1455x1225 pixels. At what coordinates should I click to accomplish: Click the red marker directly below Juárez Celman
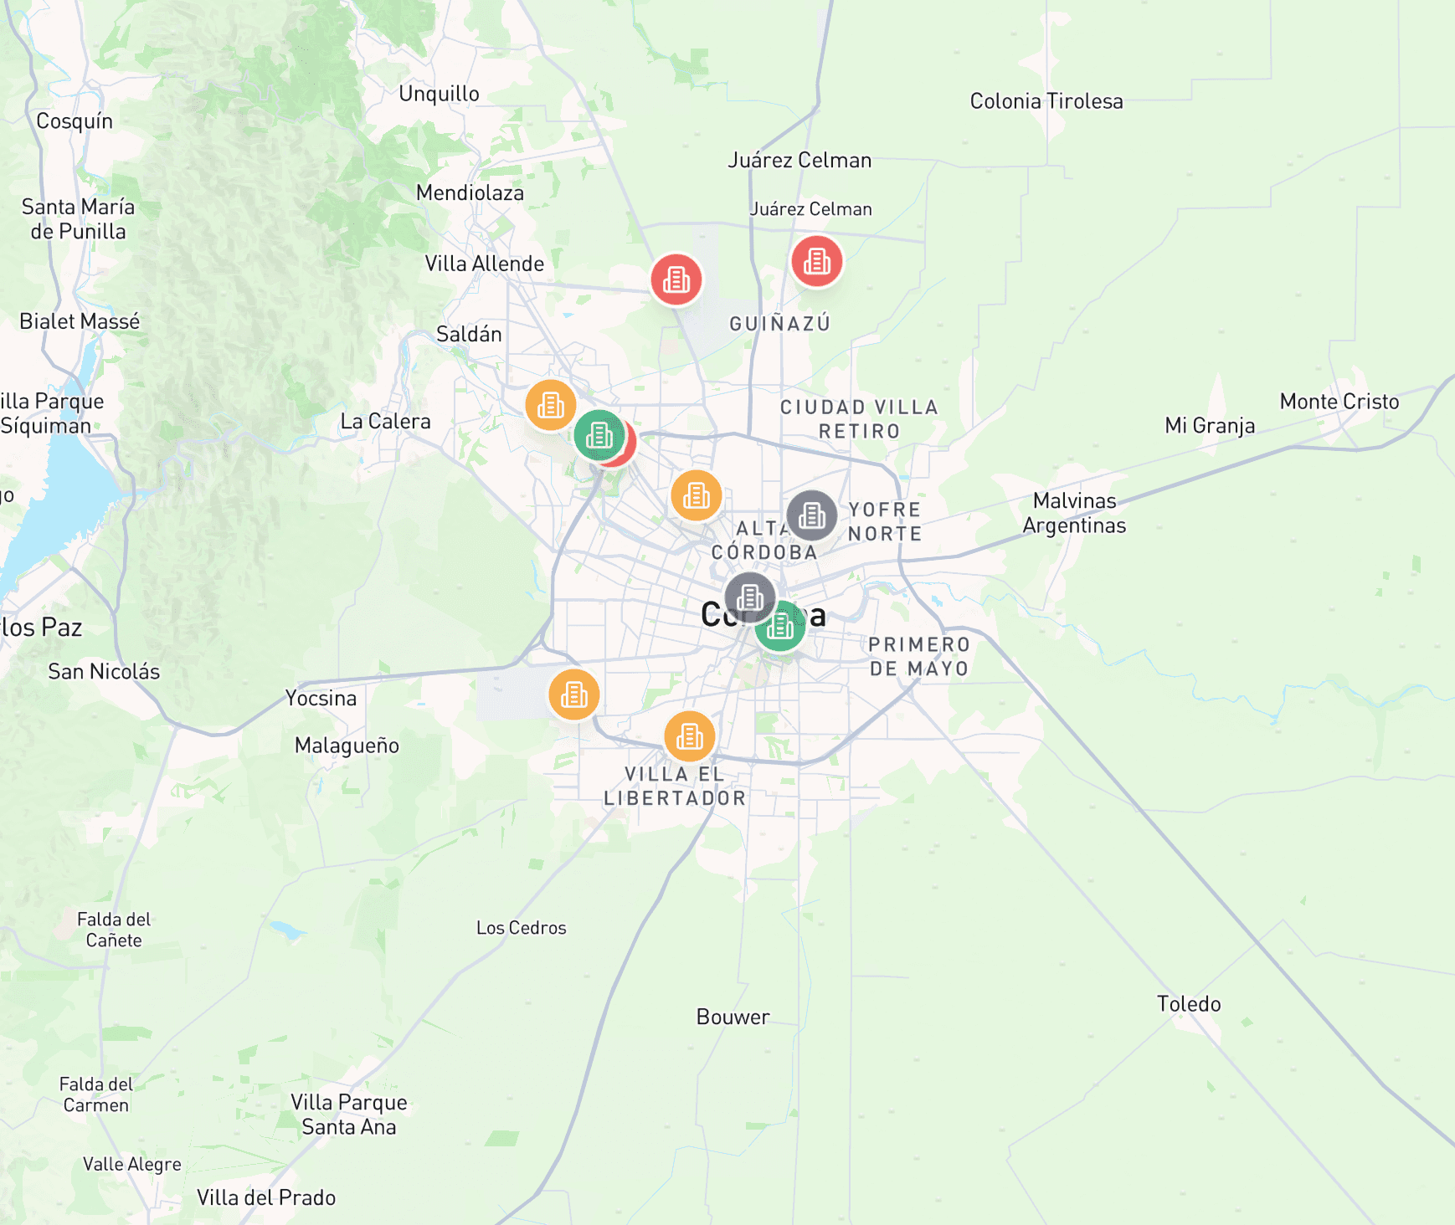[x=816, y=261]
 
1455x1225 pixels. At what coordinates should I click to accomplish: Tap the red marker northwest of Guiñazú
[x=676, y=279]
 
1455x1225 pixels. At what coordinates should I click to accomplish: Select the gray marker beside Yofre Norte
[x=811, y=515]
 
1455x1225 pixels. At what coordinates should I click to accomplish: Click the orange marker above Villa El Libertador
[x=689, y=736]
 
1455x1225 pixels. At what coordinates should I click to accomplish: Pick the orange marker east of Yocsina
[x=573, y=695]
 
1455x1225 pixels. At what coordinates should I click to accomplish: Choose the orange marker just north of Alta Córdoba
[x=696, y=495]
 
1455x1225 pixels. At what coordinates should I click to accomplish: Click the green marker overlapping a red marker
[x=599, y=435]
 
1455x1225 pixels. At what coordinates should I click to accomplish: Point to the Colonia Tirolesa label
[x=1046, y=101]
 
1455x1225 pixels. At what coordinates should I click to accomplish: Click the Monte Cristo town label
[x=1339, y=402]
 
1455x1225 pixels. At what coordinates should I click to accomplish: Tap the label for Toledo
[x=1189, y=1004]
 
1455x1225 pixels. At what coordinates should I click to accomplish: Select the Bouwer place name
[x=733, y=1017]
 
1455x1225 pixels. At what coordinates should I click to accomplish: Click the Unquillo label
[x=439, y=94]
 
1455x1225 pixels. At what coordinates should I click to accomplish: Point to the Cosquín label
[x=75, y=121]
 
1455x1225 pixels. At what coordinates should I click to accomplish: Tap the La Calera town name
[x=385, y=421]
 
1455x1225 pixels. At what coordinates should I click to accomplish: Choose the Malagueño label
[x=347, y=746]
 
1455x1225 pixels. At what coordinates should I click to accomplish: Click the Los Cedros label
[x=521, y=928]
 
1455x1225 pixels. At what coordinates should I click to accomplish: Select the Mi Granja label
[x=1210, y=426]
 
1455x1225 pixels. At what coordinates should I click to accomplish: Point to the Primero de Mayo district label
[x=918, y=657]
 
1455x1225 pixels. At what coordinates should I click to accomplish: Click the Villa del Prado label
[x=266, y=1197]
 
